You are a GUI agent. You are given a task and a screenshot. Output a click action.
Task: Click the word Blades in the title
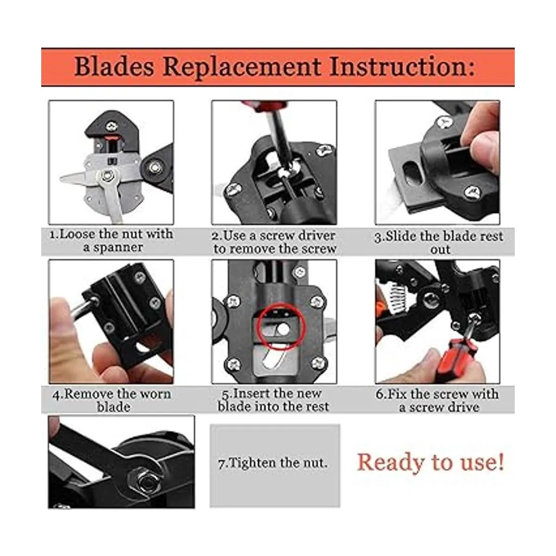114,67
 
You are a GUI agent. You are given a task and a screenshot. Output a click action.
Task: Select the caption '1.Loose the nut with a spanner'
111,240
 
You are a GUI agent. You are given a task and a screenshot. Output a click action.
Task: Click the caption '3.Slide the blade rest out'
439,243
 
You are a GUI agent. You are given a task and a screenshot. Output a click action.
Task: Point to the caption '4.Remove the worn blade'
112,400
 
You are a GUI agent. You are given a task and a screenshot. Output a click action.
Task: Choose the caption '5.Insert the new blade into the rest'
273,400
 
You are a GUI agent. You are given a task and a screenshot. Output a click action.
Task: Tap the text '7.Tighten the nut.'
273,463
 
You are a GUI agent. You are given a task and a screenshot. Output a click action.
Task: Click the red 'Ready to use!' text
431,462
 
